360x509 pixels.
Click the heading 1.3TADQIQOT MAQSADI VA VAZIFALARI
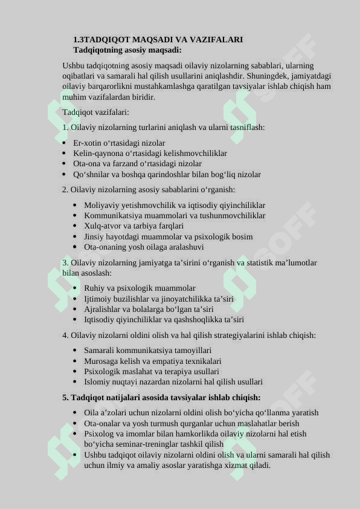158,39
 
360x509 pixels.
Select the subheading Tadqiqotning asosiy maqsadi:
127,50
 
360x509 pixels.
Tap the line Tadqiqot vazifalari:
95,112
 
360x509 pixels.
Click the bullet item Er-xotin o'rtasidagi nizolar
119,143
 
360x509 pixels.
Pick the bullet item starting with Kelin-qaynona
150,154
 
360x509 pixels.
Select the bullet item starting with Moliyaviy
174,206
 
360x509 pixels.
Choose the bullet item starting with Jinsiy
168,237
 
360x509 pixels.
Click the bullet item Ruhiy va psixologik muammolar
140,288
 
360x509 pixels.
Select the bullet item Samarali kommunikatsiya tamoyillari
147,351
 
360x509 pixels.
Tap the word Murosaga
100,361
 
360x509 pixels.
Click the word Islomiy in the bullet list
97,382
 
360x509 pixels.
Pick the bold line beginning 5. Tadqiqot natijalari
161,398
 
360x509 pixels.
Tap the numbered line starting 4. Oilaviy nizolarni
188,336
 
